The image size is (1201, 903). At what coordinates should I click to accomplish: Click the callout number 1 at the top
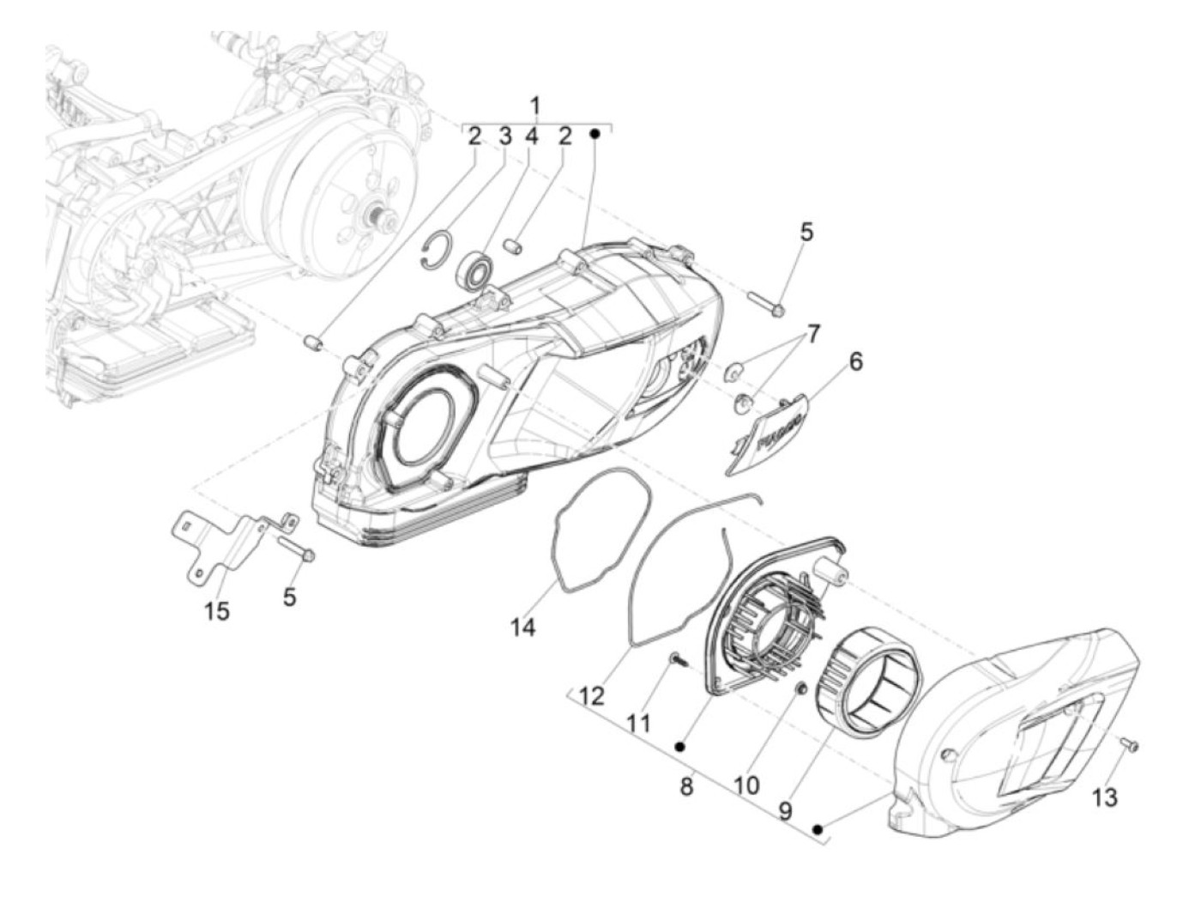coord(535,106)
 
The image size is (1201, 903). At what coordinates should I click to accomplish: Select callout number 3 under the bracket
coord(504,136)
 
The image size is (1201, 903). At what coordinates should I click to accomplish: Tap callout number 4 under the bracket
coord(531,136)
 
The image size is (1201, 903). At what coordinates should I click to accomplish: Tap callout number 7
coord(812,334)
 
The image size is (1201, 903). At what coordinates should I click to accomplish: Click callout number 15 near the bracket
coord(217,611)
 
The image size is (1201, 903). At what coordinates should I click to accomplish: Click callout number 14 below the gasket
coord(522,627)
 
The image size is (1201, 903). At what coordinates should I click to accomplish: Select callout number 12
coord(591,695)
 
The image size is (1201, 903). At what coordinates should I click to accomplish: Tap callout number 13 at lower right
coord(1105,797)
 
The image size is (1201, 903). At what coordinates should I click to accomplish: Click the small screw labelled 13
coord(1129,745)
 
